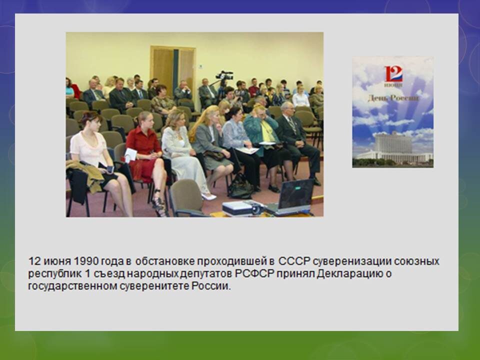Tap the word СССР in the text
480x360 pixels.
click(x=295, y=261)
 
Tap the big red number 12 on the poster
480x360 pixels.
click(x=393, y=74)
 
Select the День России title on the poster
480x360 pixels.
click(x=393, y=98)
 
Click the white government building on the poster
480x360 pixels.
click(x=393, y=148)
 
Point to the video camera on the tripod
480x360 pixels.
click(x=224, y=75)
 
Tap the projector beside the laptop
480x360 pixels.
click(x=242, y=208)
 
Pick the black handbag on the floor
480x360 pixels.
click(x=240, y=186)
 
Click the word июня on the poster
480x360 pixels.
click(x=393, y=85)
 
